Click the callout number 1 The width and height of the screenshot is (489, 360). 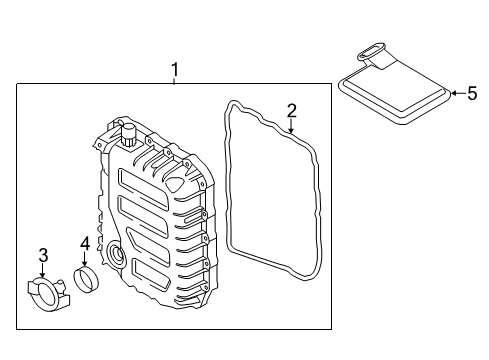pyautogui.click(x=175, y=70)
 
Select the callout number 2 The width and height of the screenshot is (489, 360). pyautogui.click(x=292, y=111)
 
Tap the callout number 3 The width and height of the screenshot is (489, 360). pyautogui.click(x=43, y=255)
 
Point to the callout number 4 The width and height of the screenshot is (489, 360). pyautogui.click(x=85, y=243)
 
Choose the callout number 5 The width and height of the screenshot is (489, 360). pyautogui.click(x=472, y=93)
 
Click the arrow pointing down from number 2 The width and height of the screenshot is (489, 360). pyautogui.click(x=291, y=126)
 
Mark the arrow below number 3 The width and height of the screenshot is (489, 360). pyautogui.click(x=43, y=270)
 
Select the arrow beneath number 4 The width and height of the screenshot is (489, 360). pyautogui.click(x=84, y=259)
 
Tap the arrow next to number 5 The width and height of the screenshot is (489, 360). pyautogui.click(x=459, y=93)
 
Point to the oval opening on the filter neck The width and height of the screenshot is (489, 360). pyautogui.click(x=371, y=52)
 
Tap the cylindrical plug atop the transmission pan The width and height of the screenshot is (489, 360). pyautogui.click(x=128, y=134)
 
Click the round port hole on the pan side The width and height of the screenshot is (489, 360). pyautogui.click(x=116, y=255)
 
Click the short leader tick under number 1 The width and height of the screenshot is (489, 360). pyautogui.click(x=174, y=81)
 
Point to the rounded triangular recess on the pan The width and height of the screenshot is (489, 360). pyautogui.click(x=175, y=182)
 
